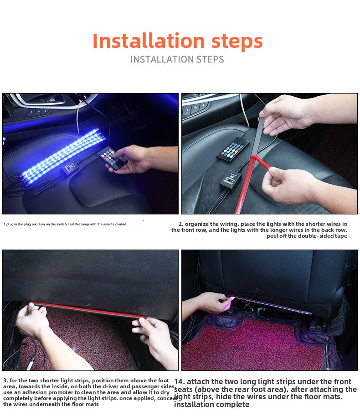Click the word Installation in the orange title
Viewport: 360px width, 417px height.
pos(149,41)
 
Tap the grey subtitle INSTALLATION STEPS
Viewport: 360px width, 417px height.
pos(177,59)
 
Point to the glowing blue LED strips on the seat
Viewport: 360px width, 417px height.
pos(62,156)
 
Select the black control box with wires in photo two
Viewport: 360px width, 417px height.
pos(230,181)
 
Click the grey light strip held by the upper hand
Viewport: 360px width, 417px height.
pos(257,136)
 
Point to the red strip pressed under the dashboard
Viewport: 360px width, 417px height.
pos(89,310)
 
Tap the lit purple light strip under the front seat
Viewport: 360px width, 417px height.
pos(270,305)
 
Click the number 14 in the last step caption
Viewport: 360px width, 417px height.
pos(180,382)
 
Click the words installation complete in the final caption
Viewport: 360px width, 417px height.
pos(212,405)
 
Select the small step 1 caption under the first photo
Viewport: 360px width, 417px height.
pos(65,224)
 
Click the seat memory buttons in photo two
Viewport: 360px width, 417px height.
pos(195,108)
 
